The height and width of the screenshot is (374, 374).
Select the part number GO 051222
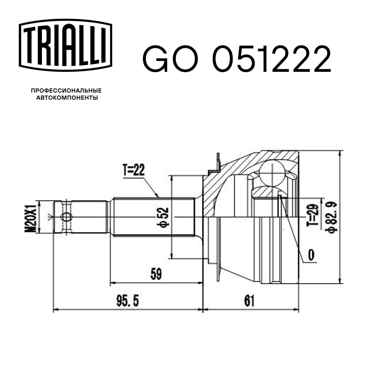pyautogui.click(x=236, y=60)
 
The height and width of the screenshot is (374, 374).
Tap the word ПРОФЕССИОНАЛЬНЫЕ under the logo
pyautogui.click(x=66, y=91)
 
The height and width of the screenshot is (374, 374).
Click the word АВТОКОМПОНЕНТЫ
pyautogui.click(x=66, y=98)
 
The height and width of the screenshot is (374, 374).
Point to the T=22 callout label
pyautogui.click(x=133, y=170)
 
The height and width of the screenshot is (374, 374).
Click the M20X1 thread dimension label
pyautogui.click(x=32, y=217)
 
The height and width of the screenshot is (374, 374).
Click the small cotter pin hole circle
pyautogui.click(x=66, y=217)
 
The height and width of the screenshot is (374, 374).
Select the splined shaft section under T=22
pyautogui.click(x=153, y=217)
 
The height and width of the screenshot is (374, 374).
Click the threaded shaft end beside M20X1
pyautogui.click(x=80, y=217)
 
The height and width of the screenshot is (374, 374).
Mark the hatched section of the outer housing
pyautogui.click(x=228, y=176)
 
